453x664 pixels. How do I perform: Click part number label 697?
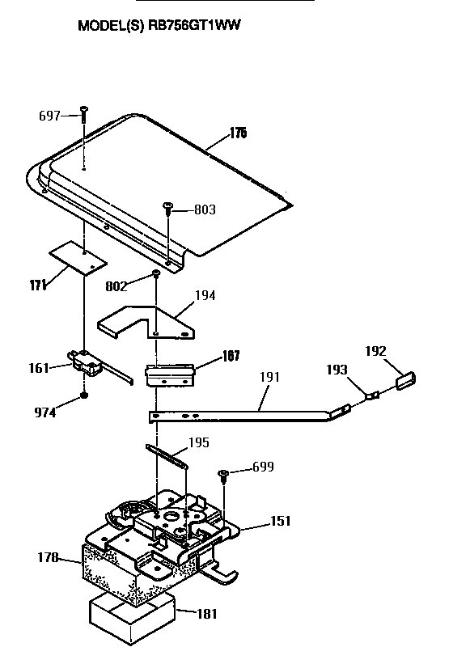50,116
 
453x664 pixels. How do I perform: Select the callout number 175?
237,133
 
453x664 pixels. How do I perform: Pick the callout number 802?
118,285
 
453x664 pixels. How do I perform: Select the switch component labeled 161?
87,364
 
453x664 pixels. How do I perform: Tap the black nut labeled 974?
83,397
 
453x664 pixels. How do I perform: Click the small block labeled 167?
170,374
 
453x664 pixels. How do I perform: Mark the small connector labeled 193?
373,396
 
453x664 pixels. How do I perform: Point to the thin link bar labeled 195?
167,455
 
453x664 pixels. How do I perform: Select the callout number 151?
282,522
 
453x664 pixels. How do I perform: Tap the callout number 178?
49,557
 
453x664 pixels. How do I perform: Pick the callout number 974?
44,412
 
